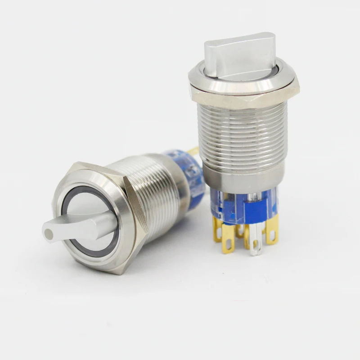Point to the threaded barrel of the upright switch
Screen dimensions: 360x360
point(243,135)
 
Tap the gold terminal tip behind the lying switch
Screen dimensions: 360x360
point(194,150)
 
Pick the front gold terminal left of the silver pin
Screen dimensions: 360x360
point(228,238)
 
